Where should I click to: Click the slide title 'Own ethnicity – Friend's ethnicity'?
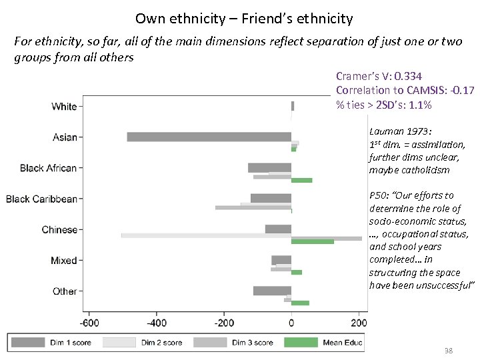click(243, 18)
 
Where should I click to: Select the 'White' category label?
click(64, 107)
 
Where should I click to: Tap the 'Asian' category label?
click(65, 137)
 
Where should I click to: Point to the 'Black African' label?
click(48, 168)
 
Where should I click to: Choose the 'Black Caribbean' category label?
click(41, 199)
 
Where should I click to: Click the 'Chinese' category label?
click(59, 229)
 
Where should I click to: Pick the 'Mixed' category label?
click(64, 260)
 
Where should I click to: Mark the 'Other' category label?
click(65, 291)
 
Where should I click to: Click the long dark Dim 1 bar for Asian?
click(209, 137)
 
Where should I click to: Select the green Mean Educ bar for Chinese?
click(312, 241)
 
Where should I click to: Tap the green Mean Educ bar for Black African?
click(301, 180)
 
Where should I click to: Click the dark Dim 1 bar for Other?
click(272, 291)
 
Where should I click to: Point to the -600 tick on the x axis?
click(89, 323)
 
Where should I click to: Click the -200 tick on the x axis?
click(224, 323)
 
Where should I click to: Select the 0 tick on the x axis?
click(291, 323)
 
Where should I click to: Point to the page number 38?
click(448, 351)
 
